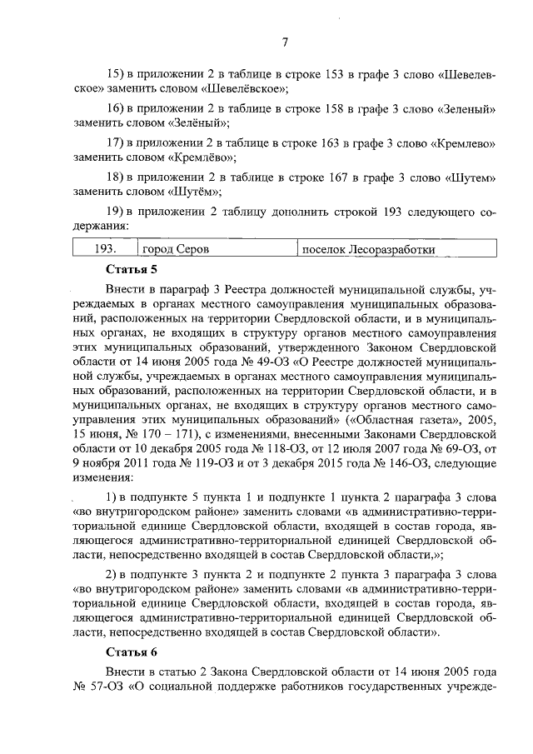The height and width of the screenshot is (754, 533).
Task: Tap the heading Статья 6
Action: pos(132,650)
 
